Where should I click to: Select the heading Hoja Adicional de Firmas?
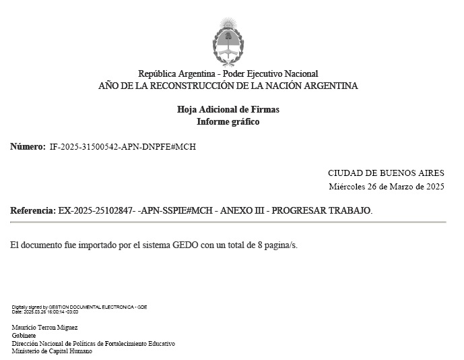pos(228,110)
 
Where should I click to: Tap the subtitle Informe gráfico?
pos(228,122)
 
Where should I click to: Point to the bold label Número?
pos(28,146)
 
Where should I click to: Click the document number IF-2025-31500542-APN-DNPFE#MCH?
pos(123,146)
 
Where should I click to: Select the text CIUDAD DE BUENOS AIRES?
pos(386,173)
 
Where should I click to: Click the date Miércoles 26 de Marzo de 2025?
pos(386,186)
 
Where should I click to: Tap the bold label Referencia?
pos(33,211)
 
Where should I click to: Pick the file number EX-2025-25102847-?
pos(96,211)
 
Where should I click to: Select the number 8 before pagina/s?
pos(260,245)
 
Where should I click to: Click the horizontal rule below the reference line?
pos(228,222)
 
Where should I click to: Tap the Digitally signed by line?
pos(79,307)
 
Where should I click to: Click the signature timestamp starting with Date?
pos(45,312)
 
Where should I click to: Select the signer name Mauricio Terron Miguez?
pos(45,328)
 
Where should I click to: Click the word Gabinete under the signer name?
pos(24,335)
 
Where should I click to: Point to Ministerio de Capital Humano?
pos(52,351)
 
